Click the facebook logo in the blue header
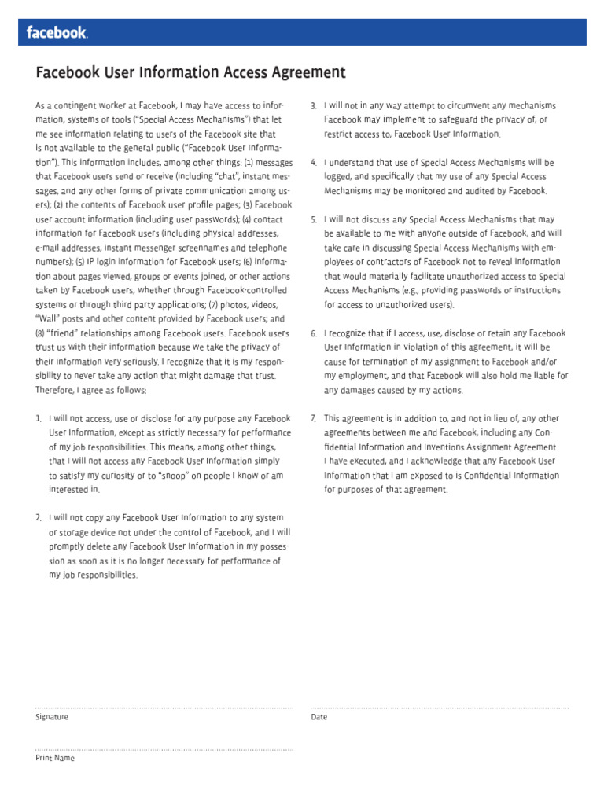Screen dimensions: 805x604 tap(57, 33)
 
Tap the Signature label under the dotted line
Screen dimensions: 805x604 tap(52, 717)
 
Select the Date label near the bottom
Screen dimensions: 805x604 tap(319, 717)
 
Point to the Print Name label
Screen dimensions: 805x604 tap(55, 759)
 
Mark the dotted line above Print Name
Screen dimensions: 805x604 tap(164, 749)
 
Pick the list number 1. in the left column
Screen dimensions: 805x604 tap(39, 419)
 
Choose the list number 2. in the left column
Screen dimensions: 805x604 tap(39, 518)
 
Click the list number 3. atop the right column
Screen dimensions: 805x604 tap(313, 105)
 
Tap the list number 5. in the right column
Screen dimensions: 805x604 tap(313, 219)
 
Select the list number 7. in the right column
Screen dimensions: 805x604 tap(313, 419)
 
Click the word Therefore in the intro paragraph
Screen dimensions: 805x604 tap(55, 390)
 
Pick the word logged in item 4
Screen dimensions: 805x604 tap(338, 177)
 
